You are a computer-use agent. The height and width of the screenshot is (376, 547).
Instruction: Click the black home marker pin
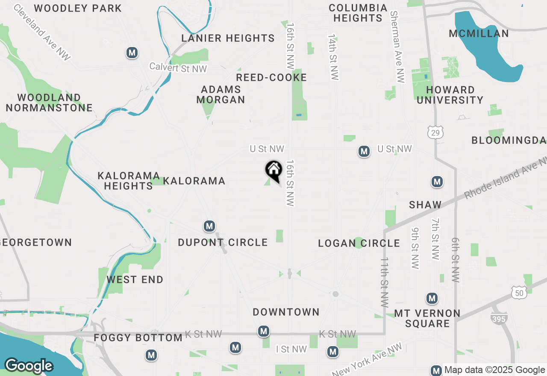tap(273, 170)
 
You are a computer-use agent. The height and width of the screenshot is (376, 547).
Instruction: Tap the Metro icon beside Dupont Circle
tap(209, 226)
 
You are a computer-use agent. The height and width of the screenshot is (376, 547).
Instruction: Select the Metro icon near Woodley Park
tap(132, 53)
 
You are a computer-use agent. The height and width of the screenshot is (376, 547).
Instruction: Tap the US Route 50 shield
tap(519, 293)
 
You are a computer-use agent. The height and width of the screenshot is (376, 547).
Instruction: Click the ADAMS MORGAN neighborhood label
tap(221, 94)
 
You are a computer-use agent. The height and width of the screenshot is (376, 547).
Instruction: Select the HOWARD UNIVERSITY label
tap(450, 95)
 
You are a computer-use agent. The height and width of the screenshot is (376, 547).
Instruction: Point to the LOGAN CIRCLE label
tap(359, 244)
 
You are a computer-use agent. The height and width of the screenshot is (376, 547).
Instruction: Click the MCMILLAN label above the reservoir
tap(479, 33)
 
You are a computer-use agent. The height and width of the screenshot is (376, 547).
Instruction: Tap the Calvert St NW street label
tap(178, 68)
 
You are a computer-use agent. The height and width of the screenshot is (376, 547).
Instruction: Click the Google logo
tap(29, 366)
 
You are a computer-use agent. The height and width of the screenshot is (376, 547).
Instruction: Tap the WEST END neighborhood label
tap(135, 280)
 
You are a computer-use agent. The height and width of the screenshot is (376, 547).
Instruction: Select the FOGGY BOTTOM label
tap(138, 338)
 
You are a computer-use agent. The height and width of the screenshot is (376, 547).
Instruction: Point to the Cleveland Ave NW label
tap(42, 32)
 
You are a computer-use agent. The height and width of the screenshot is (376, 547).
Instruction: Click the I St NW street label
tap(291, 350)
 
